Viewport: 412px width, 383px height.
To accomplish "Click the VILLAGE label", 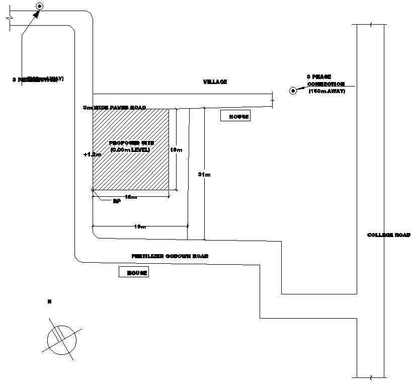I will click(215, 82).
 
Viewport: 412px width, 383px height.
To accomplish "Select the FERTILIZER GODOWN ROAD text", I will click(170, 256).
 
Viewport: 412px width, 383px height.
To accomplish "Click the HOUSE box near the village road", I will click(235, 116).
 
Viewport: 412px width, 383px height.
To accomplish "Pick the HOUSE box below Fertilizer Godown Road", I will click(134, 272).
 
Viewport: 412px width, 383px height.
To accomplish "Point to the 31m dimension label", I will click(204, 174).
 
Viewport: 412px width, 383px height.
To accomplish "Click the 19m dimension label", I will click(140, 227).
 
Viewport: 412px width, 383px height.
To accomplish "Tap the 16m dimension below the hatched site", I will click(131, 197).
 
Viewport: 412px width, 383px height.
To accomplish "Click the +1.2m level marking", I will click(89, 155).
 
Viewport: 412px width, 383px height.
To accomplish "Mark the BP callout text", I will click(117, 201).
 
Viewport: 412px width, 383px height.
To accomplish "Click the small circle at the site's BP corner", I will click(93, 190).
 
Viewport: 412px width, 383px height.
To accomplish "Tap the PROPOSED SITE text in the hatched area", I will click(130, 143).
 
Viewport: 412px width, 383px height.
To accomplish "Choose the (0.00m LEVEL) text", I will click(130, 150).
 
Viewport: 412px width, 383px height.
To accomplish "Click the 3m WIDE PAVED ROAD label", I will click(115, 108).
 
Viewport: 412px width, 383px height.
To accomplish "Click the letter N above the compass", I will click(49, 301).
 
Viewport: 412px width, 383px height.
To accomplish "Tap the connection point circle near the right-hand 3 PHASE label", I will click(292, 91).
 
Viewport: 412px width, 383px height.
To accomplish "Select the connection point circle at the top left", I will click(39, 7).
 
